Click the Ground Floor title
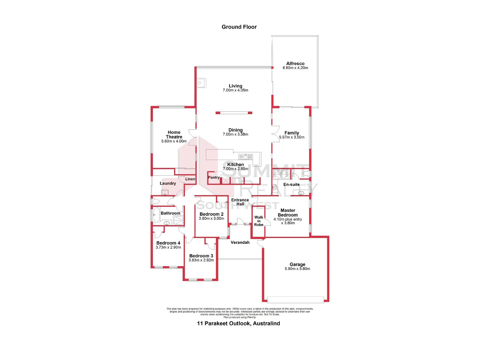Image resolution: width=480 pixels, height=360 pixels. tap(239, 27)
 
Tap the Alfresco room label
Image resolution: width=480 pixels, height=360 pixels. tap(295, 64)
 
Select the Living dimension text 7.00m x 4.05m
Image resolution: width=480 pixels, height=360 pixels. tap(235, 90)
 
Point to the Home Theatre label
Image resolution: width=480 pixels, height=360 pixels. tap(174, 135)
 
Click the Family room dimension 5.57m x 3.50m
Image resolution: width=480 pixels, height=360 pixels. tap(292, 137)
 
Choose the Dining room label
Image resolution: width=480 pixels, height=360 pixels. tap(235, 130)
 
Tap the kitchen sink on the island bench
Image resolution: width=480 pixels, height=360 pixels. tap(246, 157)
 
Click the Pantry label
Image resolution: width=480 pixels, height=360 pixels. tap(214, 177)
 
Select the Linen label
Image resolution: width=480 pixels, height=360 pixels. tap(190, 179)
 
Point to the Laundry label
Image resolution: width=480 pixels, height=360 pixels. tap(168, 183)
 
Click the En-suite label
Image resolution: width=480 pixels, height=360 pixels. tap(291, 185)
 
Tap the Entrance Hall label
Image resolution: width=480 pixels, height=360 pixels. tap(240, 202)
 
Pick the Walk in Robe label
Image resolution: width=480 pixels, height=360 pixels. tap(259, 221)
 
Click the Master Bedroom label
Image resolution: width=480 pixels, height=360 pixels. tap(288, 213)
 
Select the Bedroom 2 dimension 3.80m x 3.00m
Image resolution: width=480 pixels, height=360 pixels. tap(211, 218)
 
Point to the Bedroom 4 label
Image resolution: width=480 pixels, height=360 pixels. tap(168, 243)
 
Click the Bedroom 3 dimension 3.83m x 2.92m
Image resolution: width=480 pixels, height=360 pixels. tap(201, 260)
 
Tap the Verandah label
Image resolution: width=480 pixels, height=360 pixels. tap(240, 242)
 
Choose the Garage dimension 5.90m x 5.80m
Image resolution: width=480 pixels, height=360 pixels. tap(297, 269)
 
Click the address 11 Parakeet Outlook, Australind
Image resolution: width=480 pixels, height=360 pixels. tap(238, 323)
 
